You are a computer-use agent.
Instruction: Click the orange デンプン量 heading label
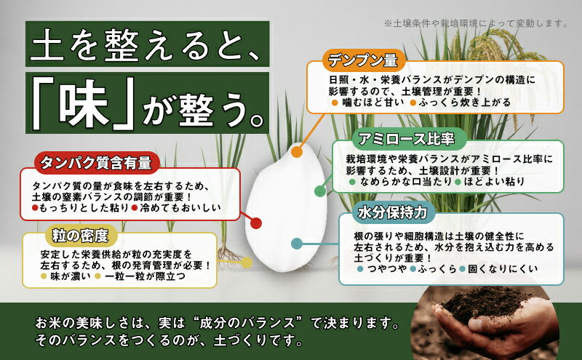click(x=362, y=60)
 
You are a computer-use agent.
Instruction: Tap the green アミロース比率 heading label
click(x=407, y=139)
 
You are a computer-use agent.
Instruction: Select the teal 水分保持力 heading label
click(x=392, y=212)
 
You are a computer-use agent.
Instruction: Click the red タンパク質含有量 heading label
click(x=96, y=163)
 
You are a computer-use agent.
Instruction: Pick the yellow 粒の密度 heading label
click(x=81, y=236)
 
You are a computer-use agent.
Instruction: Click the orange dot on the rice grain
click(x=297, y=151)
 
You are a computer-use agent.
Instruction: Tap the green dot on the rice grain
click(x=320, y=191)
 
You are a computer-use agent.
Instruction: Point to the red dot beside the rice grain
click(x=256, y=223)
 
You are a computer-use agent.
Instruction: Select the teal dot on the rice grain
click(x=297, y=244)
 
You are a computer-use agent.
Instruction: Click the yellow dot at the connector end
click(x=247, y=263)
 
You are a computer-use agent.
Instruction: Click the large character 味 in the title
click(x=84, y=103)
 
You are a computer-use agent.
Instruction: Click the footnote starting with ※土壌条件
click(x=476, y=23)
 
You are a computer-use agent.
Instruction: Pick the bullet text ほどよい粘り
click(x=494, y=182)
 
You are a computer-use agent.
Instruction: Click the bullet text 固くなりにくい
click(x=503, y=268)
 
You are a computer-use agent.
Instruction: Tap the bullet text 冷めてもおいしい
click(x=180, y=207)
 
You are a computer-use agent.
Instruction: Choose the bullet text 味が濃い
click(x=70, y=276)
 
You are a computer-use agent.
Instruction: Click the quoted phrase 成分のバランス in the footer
click(x=247, y=323)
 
